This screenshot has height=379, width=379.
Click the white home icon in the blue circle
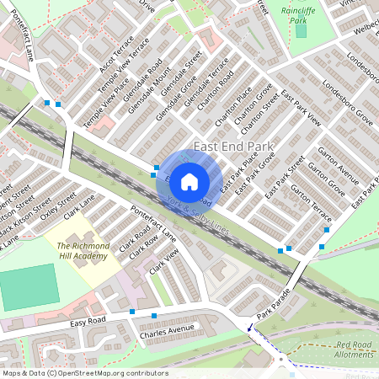click(x=189, y=181)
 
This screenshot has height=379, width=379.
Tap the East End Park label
click(x=234, y=147)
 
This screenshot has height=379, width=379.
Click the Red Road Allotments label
click(x=354, y=350)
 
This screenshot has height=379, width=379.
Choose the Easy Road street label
click(x=88, y=322)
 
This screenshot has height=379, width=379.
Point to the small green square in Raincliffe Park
click(x=301, y=31)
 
